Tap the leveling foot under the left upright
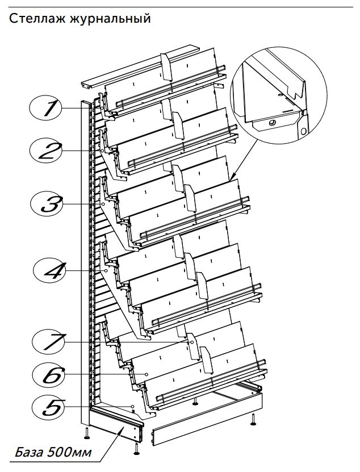pos(86,433)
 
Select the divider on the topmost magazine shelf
pos(166,66)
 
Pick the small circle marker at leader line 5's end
pos(132,407)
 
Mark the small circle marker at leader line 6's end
pos(146,374)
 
